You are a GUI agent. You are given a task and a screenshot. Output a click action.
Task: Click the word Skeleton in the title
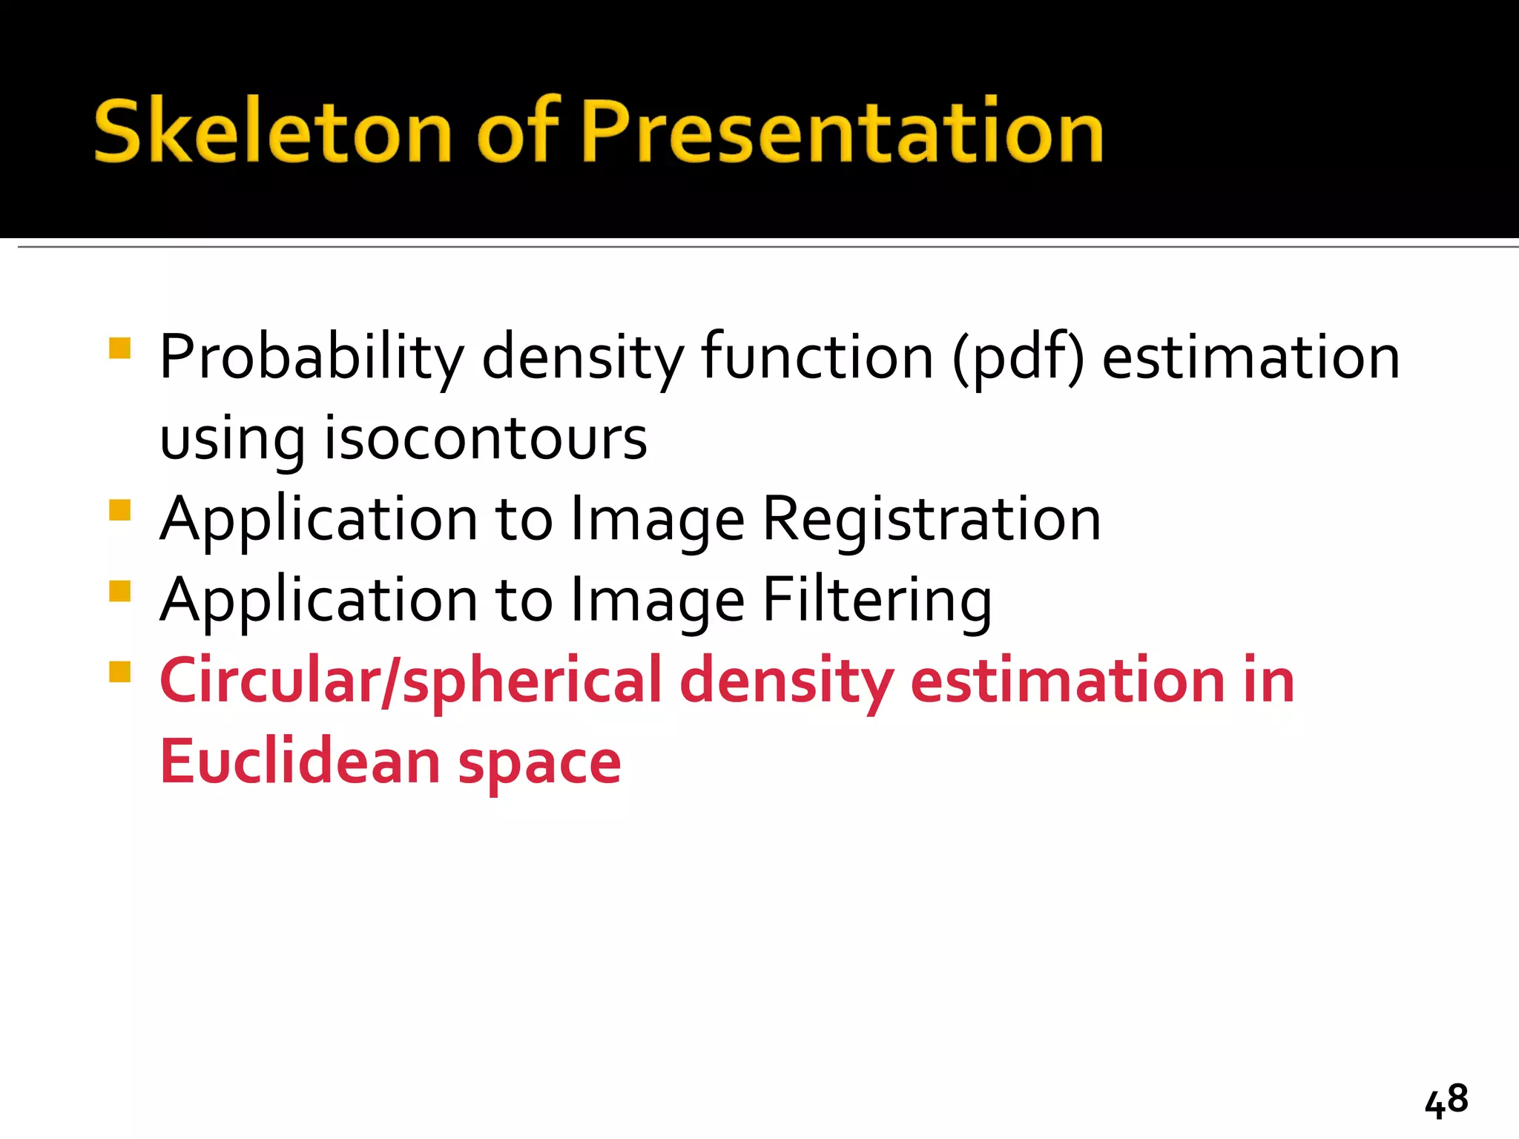(272, 131)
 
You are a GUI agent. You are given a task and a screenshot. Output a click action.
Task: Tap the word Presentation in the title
(842, 131)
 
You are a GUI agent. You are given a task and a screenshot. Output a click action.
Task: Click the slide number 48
(1446, 1100)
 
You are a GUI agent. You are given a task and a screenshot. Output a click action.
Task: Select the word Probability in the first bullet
(312, 357)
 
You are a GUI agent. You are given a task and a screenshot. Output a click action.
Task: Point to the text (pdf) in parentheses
(1018, 357)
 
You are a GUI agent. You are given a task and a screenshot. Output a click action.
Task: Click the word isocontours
(486, 438)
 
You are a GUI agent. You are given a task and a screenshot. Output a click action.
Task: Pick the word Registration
(932, 519)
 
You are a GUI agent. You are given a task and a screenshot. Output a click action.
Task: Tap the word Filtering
(877, 601)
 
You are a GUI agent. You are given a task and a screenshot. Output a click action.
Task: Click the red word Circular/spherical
(410, 681)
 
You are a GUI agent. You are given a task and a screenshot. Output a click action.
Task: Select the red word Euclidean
(300, 762)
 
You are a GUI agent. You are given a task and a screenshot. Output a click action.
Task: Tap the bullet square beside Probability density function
(119, 349)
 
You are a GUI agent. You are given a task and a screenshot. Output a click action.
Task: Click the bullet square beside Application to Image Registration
(119, 510)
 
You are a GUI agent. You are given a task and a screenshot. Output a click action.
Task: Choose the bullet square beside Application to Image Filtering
(119, 591)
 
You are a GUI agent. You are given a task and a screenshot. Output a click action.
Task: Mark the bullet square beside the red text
(119, 672)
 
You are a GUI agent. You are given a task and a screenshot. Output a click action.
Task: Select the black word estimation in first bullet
(1251, 357)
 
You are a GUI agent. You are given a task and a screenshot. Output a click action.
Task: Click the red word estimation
(1067, 681)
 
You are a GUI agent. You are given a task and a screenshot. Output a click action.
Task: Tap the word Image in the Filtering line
(657, 601)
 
